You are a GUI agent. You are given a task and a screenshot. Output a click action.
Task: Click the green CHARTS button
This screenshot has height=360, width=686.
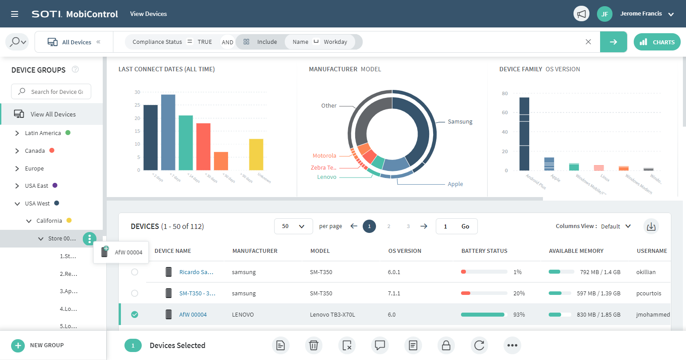(657, 42)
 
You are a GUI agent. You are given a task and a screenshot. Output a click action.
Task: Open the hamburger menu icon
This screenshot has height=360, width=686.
(15, 14)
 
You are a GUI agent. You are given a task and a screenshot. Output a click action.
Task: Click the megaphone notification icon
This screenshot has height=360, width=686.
(581, 14)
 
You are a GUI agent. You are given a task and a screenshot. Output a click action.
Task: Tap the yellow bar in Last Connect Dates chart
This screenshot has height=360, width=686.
(256, 155)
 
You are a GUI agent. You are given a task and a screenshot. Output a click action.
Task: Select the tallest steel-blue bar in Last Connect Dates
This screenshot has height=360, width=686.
(168, 132)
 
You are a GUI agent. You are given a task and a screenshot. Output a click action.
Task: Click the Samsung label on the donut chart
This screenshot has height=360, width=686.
(460, 122)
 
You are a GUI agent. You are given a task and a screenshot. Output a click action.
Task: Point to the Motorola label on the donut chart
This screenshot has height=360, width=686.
(324, 156)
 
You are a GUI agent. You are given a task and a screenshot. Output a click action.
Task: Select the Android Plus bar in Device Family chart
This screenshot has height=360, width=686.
(524, 134)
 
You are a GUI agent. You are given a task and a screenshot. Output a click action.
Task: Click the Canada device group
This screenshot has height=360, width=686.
(35, 151)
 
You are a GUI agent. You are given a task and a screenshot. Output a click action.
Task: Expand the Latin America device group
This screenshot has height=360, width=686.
(17, 133)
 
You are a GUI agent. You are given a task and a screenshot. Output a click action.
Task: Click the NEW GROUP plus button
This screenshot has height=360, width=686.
(18, 345)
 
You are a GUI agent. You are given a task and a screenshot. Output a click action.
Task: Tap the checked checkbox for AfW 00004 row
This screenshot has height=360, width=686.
(135, 315)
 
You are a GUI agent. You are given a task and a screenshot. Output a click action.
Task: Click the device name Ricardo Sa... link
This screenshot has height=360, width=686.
(196, 272)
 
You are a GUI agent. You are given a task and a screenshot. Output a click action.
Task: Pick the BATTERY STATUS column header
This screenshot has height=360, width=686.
(484, 251)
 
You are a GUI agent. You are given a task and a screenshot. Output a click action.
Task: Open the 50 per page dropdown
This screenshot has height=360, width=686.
(293, 226)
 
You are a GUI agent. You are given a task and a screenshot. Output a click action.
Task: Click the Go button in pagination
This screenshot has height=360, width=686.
(465, 226)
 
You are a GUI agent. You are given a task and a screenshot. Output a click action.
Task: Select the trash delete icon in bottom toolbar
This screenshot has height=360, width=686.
(314, 345)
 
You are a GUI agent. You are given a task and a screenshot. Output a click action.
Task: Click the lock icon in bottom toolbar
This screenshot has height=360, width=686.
(446, 345)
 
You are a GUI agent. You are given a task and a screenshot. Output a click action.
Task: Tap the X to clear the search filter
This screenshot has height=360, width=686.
(588, 42)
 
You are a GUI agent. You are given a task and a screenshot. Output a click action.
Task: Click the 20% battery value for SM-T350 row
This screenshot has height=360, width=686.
(519, 294)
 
